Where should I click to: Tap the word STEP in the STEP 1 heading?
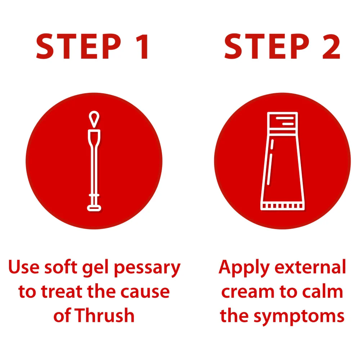pos(79,46)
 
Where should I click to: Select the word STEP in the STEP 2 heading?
pos(267,46)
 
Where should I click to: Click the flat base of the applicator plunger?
pos(94,208)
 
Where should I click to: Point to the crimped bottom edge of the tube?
pos(282,206)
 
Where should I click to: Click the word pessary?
pos(147,268)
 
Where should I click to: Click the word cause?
pos(145,292)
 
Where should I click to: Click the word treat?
pos(62,292)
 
